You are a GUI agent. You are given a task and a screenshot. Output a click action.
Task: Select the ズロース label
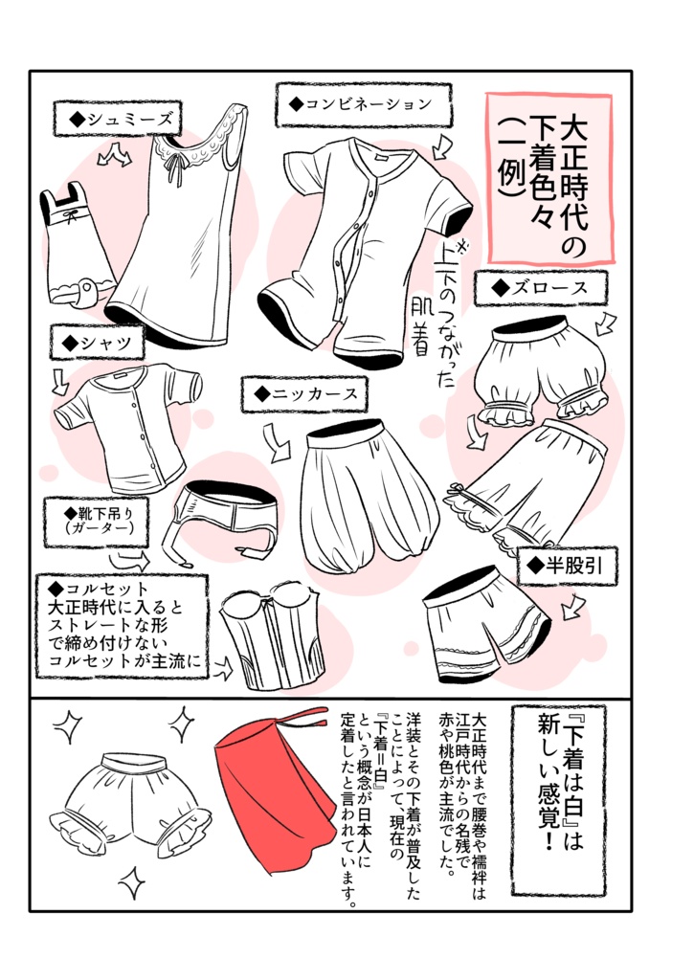542,286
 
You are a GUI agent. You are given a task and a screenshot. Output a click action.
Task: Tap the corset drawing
268,641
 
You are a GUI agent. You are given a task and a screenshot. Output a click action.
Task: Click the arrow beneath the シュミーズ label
117,154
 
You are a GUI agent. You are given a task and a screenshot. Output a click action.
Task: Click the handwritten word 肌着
418,325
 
